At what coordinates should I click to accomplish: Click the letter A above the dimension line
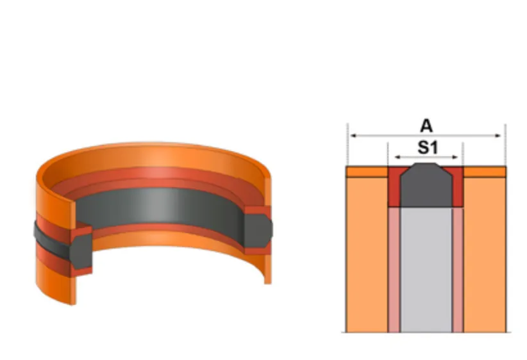pyautogui.click(x=426, y=126)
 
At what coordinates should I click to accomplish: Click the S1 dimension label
pyautogui.click(x=428, y=147)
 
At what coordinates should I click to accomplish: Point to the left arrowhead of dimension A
pyautogui.click(x=353, y=136)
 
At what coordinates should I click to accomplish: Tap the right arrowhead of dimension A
pyautogui.click(x=498, y=136)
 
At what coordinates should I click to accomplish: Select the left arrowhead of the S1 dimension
pyautogui.click(x=397, y=157)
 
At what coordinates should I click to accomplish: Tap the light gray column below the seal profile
pyautogui.click(x=426, y=270)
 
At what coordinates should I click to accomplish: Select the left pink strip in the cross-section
pyautogui.click(x=394, y=270)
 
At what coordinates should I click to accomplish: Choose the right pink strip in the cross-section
pyautogui.click(x=458, y=270)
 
